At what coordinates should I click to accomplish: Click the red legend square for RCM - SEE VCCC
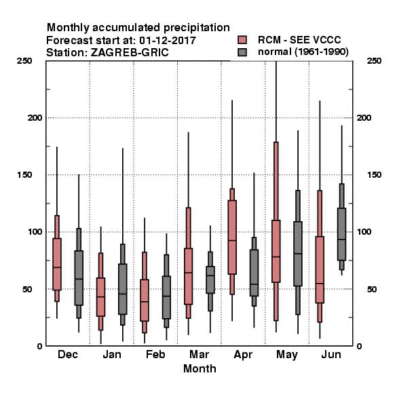[x=242, y=40]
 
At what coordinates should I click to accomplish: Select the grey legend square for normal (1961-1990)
[x=242, y=52]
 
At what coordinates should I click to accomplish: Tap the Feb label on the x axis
[x=155, y=354]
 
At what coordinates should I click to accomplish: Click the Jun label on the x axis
[x=331, y=354]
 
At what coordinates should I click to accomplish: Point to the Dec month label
[x=67, y=354]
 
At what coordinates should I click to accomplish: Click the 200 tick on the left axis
[x=35, y=118]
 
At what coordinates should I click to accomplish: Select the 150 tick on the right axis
[x=374, y=175]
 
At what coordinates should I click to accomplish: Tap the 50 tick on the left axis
[x=27, y=289]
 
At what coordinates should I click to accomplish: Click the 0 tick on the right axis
[x=359, y=346]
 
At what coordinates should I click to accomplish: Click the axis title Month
[x=200, y=368]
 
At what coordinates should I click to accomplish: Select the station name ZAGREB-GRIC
[x=130, y=53]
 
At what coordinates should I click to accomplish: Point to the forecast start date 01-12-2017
[x=168, y=41]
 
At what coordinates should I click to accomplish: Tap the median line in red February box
[x=145, y=302]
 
